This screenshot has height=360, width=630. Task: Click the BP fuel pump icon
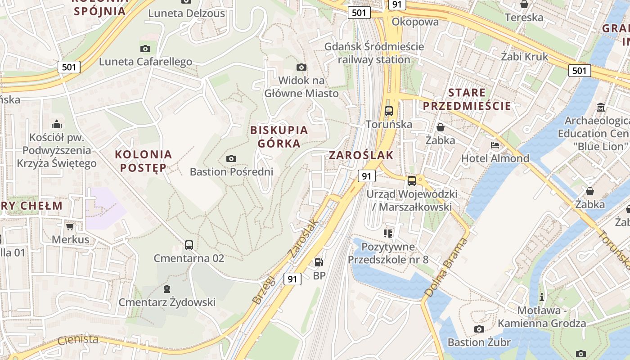[319, 262]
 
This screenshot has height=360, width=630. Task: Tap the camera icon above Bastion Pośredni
[231, 158]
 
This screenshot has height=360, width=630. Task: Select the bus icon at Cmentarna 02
[189, 245]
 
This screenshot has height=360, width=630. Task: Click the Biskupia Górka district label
[279, 137]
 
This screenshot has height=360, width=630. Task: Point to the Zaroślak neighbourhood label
[361, 155]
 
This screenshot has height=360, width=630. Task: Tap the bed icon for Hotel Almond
[495, 145]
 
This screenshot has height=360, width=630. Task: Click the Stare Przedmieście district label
[467, 99]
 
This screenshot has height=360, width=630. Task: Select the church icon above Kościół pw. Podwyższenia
[57, 124]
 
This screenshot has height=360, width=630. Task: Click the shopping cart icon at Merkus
[70, 226]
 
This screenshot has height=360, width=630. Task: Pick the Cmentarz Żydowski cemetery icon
[167, 288]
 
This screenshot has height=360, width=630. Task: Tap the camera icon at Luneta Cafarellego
[145, 49]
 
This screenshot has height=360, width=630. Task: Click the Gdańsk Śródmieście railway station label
[374, 53]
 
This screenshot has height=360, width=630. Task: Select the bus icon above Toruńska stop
[389, 111]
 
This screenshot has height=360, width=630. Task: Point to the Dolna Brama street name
[445, 268]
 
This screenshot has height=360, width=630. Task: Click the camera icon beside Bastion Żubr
[479, 329]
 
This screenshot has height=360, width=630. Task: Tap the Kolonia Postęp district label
[143, 161]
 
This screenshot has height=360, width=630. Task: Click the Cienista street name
[77, 340]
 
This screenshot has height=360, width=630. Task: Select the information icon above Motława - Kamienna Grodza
[542, 297]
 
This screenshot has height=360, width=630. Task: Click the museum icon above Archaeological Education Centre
[601, 108]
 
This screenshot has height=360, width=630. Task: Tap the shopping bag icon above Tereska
[524, 4]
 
